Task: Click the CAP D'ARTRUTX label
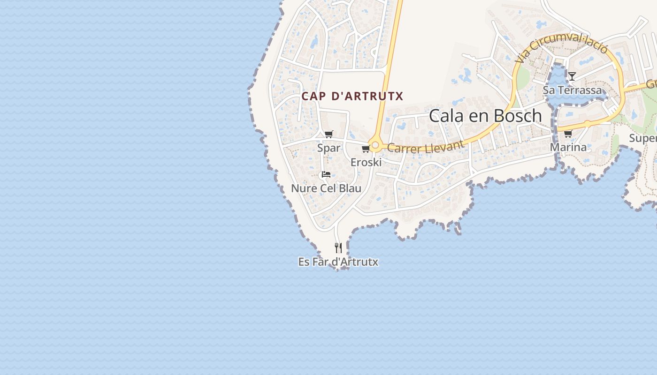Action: [352, 96]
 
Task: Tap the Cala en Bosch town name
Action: [485, 116]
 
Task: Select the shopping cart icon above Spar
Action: [329, 135]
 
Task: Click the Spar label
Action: [328, 148]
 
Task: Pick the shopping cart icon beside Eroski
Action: [366, 149]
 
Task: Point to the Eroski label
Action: [366, 162]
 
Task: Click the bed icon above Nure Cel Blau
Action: [326, 175]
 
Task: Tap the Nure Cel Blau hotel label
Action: [326, 188]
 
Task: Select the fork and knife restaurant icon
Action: [338, 247]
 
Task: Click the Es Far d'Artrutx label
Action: [338, 262]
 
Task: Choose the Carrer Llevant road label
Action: [426, 146]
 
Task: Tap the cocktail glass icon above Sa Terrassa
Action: [572, 76]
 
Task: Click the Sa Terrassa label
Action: [572, 90]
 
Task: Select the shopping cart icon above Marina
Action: [568, 134]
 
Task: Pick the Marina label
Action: [568, 147]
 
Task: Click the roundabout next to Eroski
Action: [374, 145]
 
